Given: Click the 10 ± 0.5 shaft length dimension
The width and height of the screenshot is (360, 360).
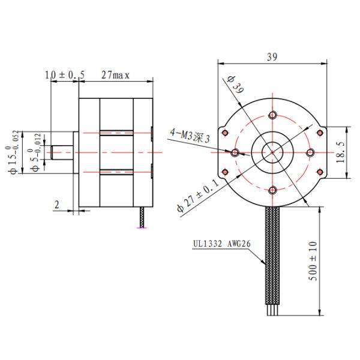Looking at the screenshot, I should pyautogui.click(x=65, y=74).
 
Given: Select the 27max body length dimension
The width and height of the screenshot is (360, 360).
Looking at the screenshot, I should pyautogui.click(x=115, y=74).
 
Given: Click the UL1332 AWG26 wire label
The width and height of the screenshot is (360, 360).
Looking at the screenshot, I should pyautogui.click(x=218, y=245).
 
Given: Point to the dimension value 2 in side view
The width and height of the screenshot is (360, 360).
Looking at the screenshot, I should pyautogui.click(x=56, y=205).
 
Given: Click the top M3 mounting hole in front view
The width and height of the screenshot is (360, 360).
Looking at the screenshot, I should pyautogui.click(x=272, y=115).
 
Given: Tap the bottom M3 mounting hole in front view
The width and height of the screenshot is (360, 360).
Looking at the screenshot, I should pyautogui.click(x=272, y=191).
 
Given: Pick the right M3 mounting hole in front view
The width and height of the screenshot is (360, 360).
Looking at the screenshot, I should pyautogui.click(x=310, y=153).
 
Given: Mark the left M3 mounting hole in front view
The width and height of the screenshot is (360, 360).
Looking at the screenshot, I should pyautogui.click(x=235, y=153).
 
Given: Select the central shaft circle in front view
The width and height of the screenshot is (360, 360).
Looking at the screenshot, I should pyautogui.click(x=272, y=153).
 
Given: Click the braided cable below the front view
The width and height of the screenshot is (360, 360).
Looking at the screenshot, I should pyautogui.click(x=272, y=264).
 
